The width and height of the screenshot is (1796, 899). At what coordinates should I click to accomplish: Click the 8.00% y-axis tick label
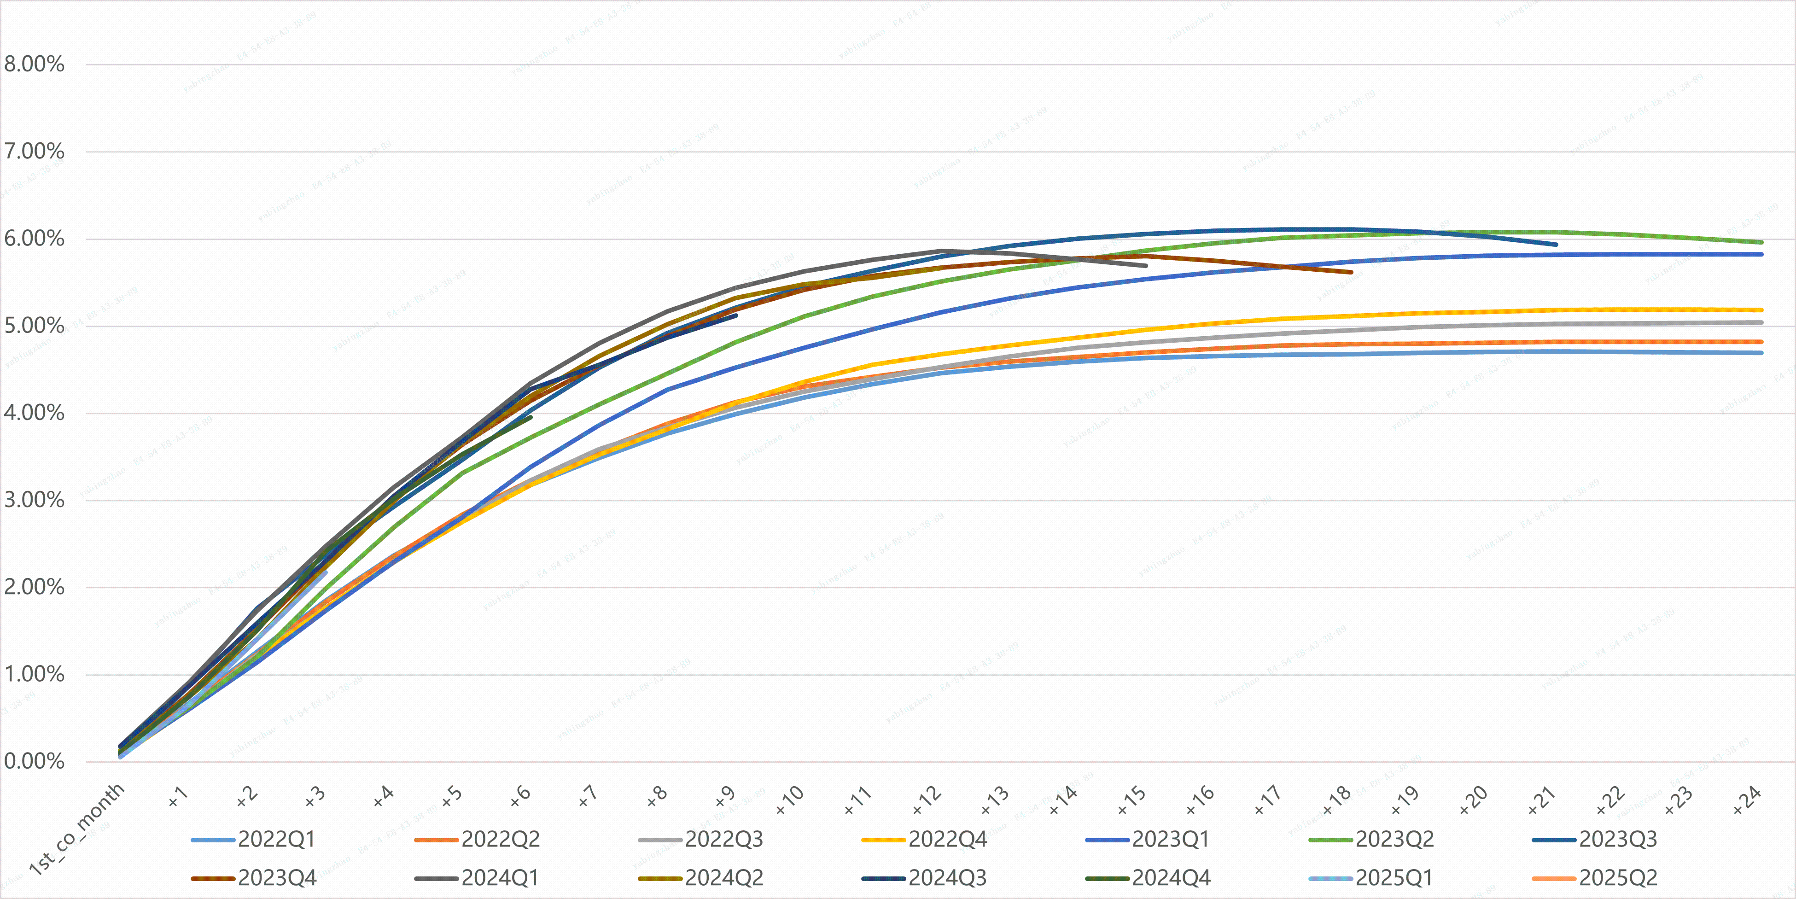pyautogui.click(x=34, y=64)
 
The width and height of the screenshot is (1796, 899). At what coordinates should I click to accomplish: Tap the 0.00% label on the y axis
pyautogui.click(x=34, y=761)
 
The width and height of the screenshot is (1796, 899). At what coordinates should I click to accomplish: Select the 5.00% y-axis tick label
pyautogui.click(x=34, y=326)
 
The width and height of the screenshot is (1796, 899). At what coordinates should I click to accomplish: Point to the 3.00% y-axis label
pyautogui.click(x=34, y=500)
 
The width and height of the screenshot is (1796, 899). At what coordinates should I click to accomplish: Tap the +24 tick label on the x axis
pyautogui.click(x=1747, y=800)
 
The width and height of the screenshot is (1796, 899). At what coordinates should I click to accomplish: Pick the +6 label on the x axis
pyautogui.click(x=520, y=796)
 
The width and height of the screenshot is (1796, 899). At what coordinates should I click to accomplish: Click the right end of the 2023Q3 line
pyautogui.click(x=1556, y=244)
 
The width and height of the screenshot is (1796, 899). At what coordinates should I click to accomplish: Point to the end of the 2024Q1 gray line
pyautogui.click(x=1146, y=266)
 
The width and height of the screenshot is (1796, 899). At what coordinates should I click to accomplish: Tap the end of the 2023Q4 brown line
pyautogui.click(x=1351, y=272)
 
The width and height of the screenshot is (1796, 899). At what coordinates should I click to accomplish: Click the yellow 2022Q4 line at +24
pyautogui.click(x=1761, y=309)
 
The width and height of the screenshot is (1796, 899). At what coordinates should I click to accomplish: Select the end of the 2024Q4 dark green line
pyautogui.click(x=531, y=417)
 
